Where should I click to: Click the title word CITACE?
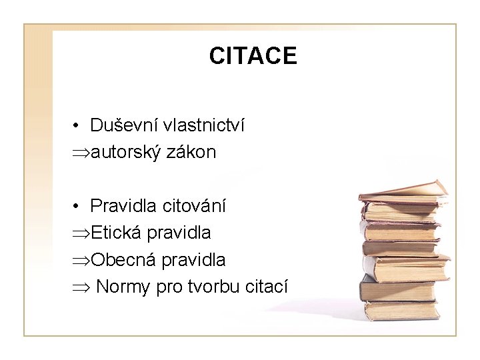[253, 56]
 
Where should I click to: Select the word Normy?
[124, 287]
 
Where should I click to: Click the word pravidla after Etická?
[179, 233]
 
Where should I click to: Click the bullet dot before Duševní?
[78, 126]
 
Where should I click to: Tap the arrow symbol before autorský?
[81, 153]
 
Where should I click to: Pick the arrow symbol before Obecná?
[81, 260]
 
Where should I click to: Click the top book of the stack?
[403, 191]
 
